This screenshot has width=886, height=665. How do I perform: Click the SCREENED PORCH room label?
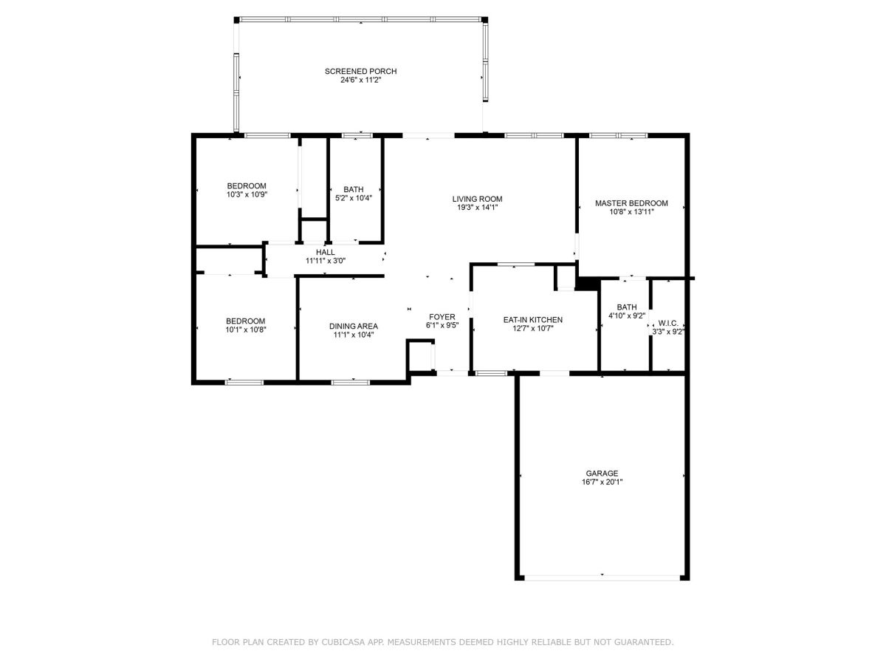point(360,72)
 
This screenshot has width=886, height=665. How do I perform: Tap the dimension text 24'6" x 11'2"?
point(360,80)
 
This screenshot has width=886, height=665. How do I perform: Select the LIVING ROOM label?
point(477,199)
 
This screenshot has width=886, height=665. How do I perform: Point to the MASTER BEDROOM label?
point(631,203)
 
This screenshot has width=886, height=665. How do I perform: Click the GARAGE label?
point(602,473)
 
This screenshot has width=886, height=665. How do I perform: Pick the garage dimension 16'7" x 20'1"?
point(602,482)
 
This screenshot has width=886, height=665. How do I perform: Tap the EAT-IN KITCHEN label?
point(532,320)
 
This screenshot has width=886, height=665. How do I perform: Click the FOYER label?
point(442,317)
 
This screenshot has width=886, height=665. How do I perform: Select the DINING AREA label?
point(353,327)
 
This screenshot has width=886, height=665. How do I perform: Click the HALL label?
point(325,253)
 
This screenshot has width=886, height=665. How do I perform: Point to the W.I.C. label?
point(668,324)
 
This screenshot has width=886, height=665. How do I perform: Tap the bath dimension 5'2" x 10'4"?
point(353,198)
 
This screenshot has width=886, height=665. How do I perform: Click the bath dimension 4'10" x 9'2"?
point(626,316)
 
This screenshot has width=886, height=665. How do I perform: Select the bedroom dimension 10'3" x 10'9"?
point(247,194)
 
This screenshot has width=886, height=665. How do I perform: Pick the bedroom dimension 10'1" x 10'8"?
point(245,330)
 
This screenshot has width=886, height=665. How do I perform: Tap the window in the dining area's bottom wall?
point(350,382)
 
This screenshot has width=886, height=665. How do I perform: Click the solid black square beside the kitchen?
point(587,284)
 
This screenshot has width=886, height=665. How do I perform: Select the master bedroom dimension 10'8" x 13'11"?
point(631,211)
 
